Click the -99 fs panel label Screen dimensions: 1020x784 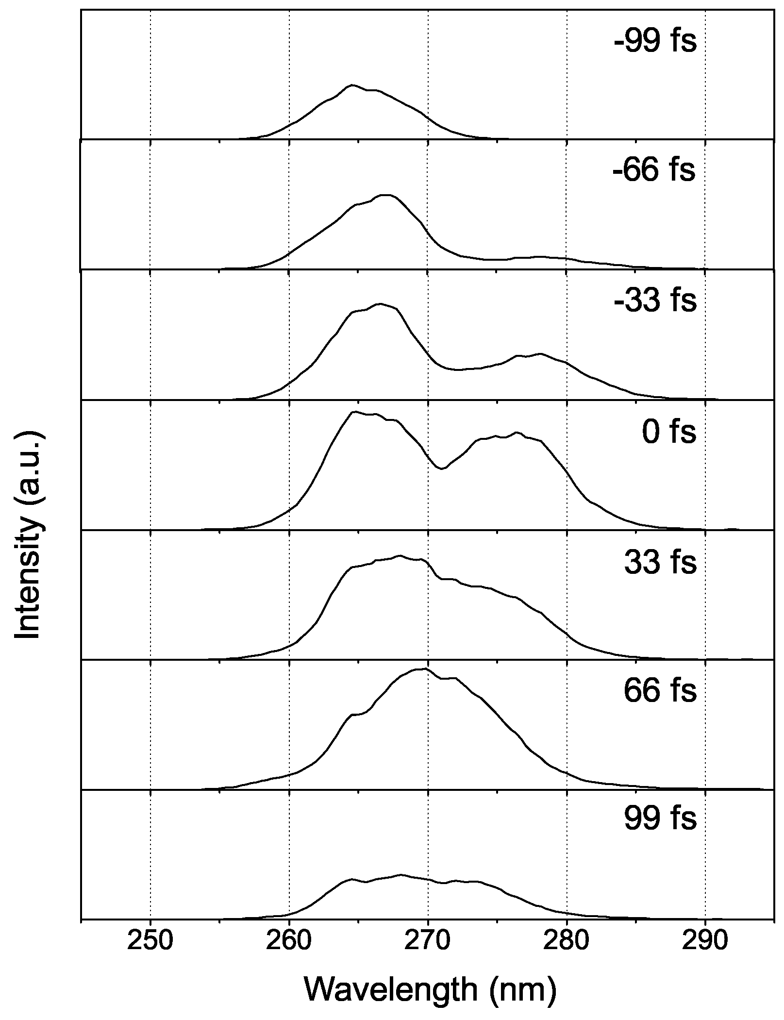click(x=655, y=41)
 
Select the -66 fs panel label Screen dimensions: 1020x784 click(x=654, y=170)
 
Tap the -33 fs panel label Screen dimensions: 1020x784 click(x=655, y=301)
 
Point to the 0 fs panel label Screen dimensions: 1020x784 click(x=669, y=432)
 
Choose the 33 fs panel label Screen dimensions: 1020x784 click(x=660, y=562)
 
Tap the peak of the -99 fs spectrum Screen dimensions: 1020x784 click(x=352, y=85)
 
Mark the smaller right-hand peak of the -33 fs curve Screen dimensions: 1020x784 click(x=540, y=354)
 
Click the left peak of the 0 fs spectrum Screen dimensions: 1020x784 click(x=354, y=412)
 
